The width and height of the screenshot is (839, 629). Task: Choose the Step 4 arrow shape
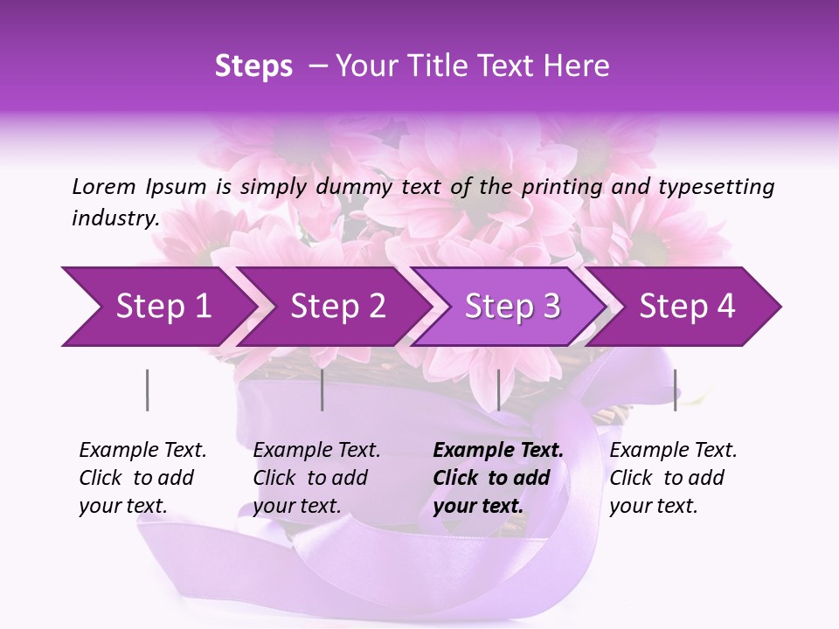click(687, 307)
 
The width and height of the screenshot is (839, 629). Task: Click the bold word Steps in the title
click(253, 66)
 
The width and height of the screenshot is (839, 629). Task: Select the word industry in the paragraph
click(115, 218)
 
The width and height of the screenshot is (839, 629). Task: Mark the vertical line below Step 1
click(148, 390)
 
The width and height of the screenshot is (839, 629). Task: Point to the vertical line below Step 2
click(322, 390)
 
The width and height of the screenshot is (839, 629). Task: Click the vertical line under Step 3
click(498, 390)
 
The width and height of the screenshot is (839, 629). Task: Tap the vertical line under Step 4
click(675, 390)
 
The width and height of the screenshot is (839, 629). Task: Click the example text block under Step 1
click(142, 478)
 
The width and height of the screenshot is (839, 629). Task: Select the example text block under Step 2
click(316, 478)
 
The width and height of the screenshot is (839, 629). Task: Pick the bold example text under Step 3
click(497, 478)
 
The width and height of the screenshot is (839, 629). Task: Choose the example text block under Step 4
click(673, 478)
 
